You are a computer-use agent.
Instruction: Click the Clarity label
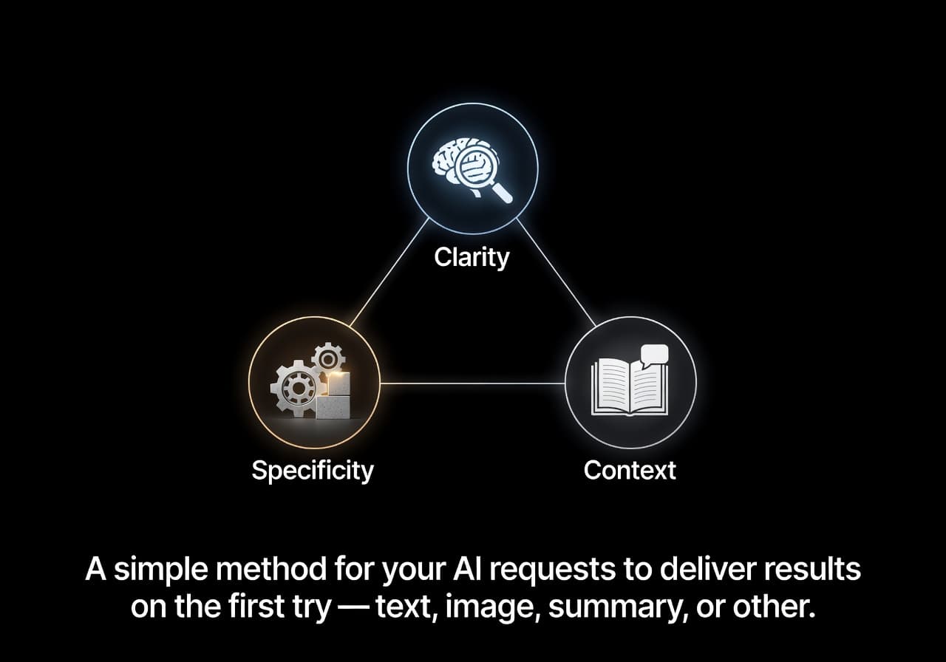coord(472,258)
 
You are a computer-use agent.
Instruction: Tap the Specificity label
coord(313,471)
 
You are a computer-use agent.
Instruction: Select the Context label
coord(630,471)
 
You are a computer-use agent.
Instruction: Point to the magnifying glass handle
coord(502,193)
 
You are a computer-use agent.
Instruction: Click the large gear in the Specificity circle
coord(297,389)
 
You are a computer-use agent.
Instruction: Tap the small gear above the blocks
coord(328,359)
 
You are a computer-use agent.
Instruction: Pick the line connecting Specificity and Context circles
coord(472,383)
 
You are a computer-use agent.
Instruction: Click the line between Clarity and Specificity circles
coord(389,273)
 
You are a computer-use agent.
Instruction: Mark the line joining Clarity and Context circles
coord(557,273)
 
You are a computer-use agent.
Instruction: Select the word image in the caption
coord(493,608)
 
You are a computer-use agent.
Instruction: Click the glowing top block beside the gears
coord(338,383)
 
